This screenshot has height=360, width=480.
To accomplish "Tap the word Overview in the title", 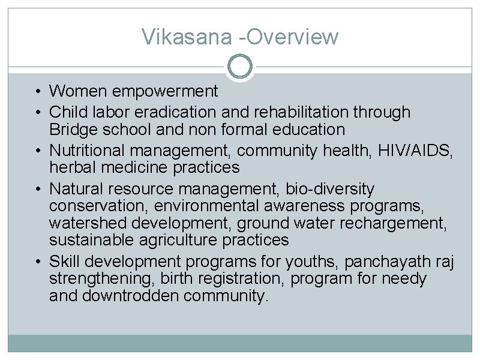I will click(x=293, y=37).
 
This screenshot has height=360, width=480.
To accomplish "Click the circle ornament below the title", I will click(x=241, y=66).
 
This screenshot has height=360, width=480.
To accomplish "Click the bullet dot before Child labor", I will click(x=38, y=112).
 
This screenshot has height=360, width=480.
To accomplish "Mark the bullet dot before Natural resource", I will click(x=38, y=190).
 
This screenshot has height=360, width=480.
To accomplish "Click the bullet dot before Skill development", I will click(x=38, y=262).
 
